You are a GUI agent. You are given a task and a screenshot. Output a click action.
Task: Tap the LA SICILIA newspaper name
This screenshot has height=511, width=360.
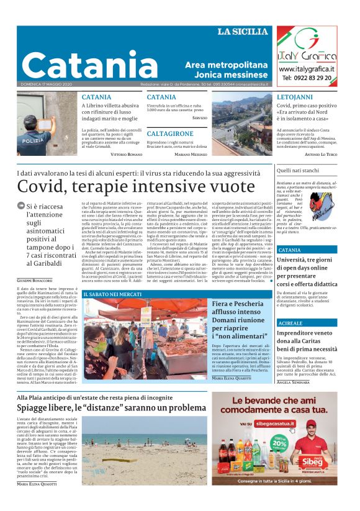point(242,32)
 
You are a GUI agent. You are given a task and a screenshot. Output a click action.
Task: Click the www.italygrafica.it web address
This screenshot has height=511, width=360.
point(307,69)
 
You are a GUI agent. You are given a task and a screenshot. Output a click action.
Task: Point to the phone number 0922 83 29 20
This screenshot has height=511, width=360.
point(307,78)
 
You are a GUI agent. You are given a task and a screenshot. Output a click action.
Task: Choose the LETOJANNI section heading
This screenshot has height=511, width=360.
point(295,97)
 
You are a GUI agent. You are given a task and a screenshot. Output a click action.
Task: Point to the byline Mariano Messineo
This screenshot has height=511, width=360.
point(191,153)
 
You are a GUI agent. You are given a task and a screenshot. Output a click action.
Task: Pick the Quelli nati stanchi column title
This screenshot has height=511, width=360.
point(297,170)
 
